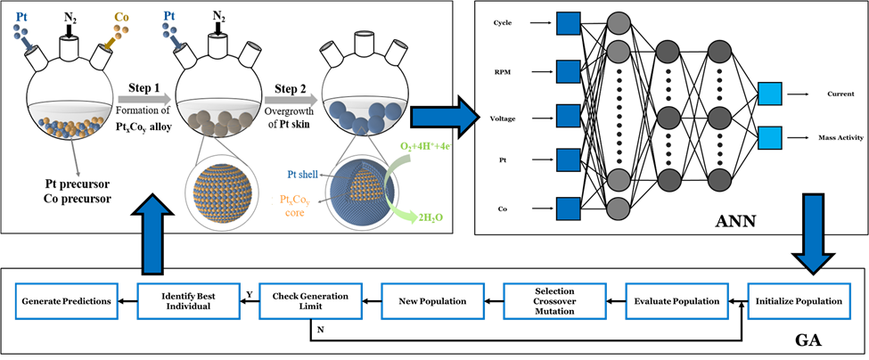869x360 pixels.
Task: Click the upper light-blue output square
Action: (770, 94)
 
